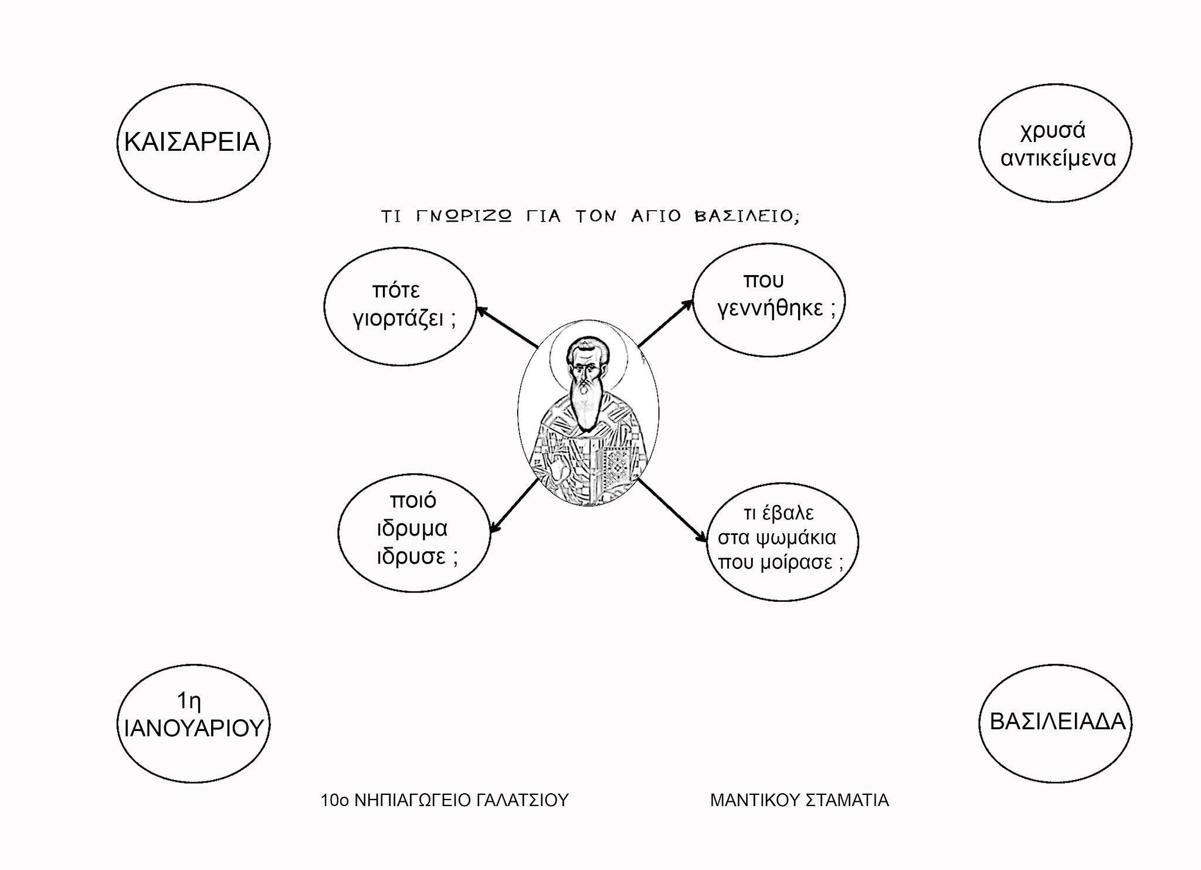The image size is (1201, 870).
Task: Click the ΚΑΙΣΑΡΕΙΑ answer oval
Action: [193, 143]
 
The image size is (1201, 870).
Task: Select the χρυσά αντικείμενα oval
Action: [1055, 143]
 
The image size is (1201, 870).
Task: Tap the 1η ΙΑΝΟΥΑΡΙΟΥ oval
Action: [193, 723]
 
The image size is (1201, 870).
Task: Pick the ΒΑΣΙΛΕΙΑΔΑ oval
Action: [1055, 723]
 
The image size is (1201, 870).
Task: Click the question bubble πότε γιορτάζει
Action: [400, 306]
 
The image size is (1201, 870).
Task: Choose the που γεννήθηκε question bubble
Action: [769, 300]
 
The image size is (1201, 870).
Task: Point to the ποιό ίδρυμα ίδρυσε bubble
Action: [413, 533]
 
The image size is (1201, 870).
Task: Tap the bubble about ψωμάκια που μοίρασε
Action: [782, 541]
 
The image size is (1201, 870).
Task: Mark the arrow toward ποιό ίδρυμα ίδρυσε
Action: [514, 506]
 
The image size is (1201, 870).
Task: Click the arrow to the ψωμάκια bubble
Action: [673, 509]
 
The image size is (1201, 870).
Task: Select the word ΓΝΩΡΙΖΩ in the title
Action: [463, 216]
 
